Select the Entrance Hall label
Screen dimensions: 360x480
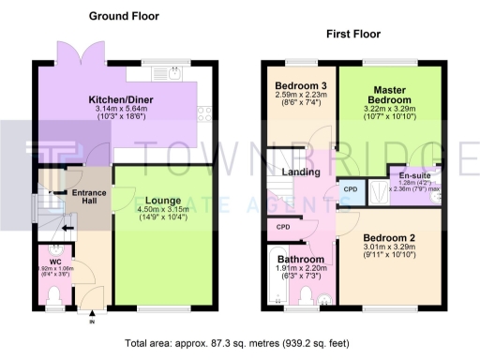tap(89, 198)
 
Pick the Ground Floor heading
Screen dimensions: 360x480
tap(124, 16)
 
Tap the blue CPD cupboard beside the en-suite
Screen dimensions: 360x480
tap(350, 188)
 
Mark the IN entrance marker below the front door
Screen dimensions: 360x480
tap(92, 323)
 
